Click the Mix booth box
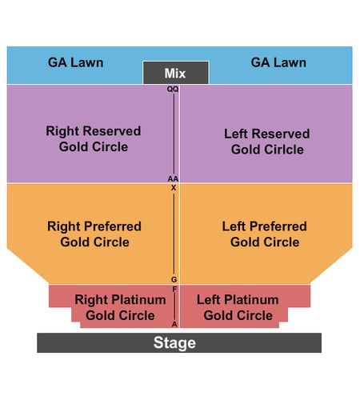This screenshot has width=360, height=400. tap(176, 73)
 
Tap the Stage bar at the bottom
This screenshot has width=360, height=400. tap(179, 342)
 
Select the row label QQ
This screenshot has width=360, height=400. tap(173, 89)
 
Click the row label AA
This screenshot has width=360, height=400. tap(173, 178)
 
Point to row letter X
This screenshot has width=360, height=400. tap(174, 188)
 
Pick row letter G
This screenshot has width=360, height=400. tap(174, 279)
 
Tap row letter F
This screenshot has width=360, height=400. tap(174, 289)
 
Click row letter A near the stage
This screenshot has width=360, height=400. tap(174, 324)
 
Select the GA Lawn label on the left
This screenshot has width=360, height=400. tap(76, 62)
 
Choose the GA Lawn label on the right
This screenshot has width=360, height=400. tap(278, 62)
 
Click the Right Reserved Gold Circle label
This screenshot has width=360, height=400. tap(94, 139)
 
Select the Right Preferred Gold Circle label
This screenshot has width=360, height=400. tap(94, 234)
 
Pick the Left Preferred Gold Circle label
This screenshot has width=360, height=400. tap(265, 234)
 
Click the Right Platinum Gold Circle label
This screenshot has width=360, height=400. tap(120, 307)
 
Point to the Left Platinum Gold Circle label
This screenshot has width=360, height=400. tap(238, 307)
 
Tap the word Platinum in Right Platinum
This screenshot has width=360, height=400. tap(139, 299)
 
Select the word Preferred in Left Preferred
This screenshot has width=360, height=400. tap(278, 226)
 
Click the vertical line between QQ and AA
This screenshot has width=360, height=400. tap(174, 134)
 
